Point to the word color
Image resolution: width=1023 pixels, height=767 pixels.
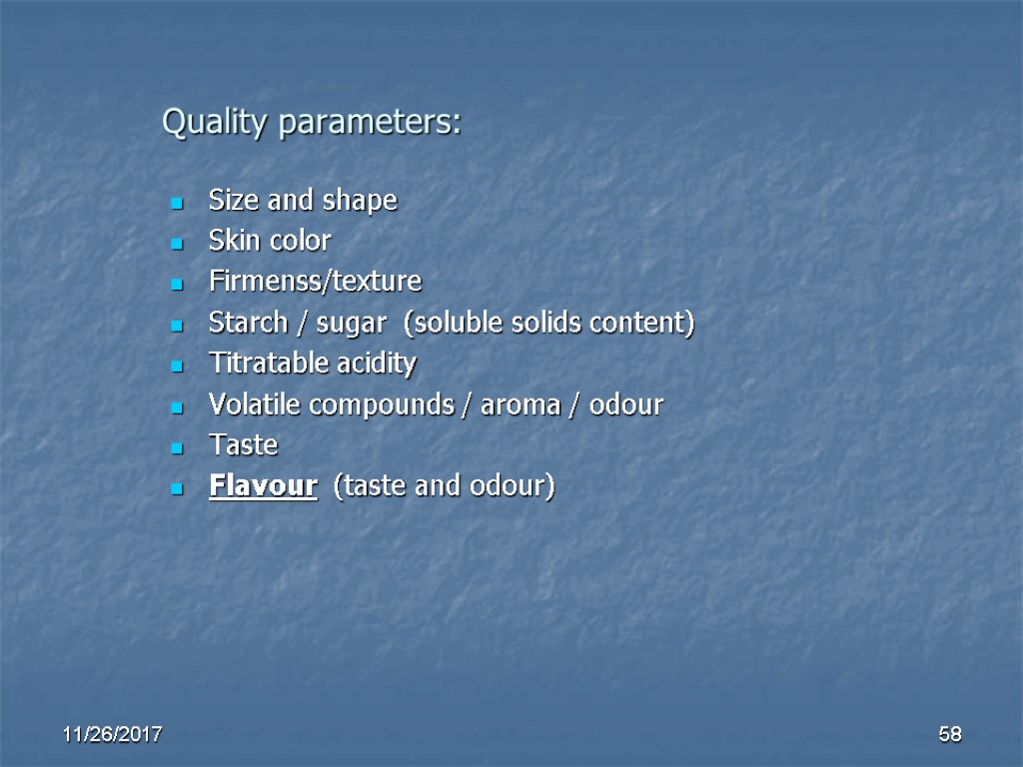299,241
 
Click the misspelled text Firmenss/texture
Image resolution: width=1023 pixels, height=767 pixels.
315,282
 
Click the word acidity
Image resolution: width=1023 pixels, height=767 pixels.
377,365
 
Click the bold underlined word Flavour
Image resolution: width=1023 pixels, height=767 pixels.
263,486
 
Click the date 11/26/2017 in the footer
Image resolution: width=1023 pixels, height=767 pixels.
113,736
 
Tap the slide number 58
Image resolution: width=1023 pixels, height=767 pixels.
949,736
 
